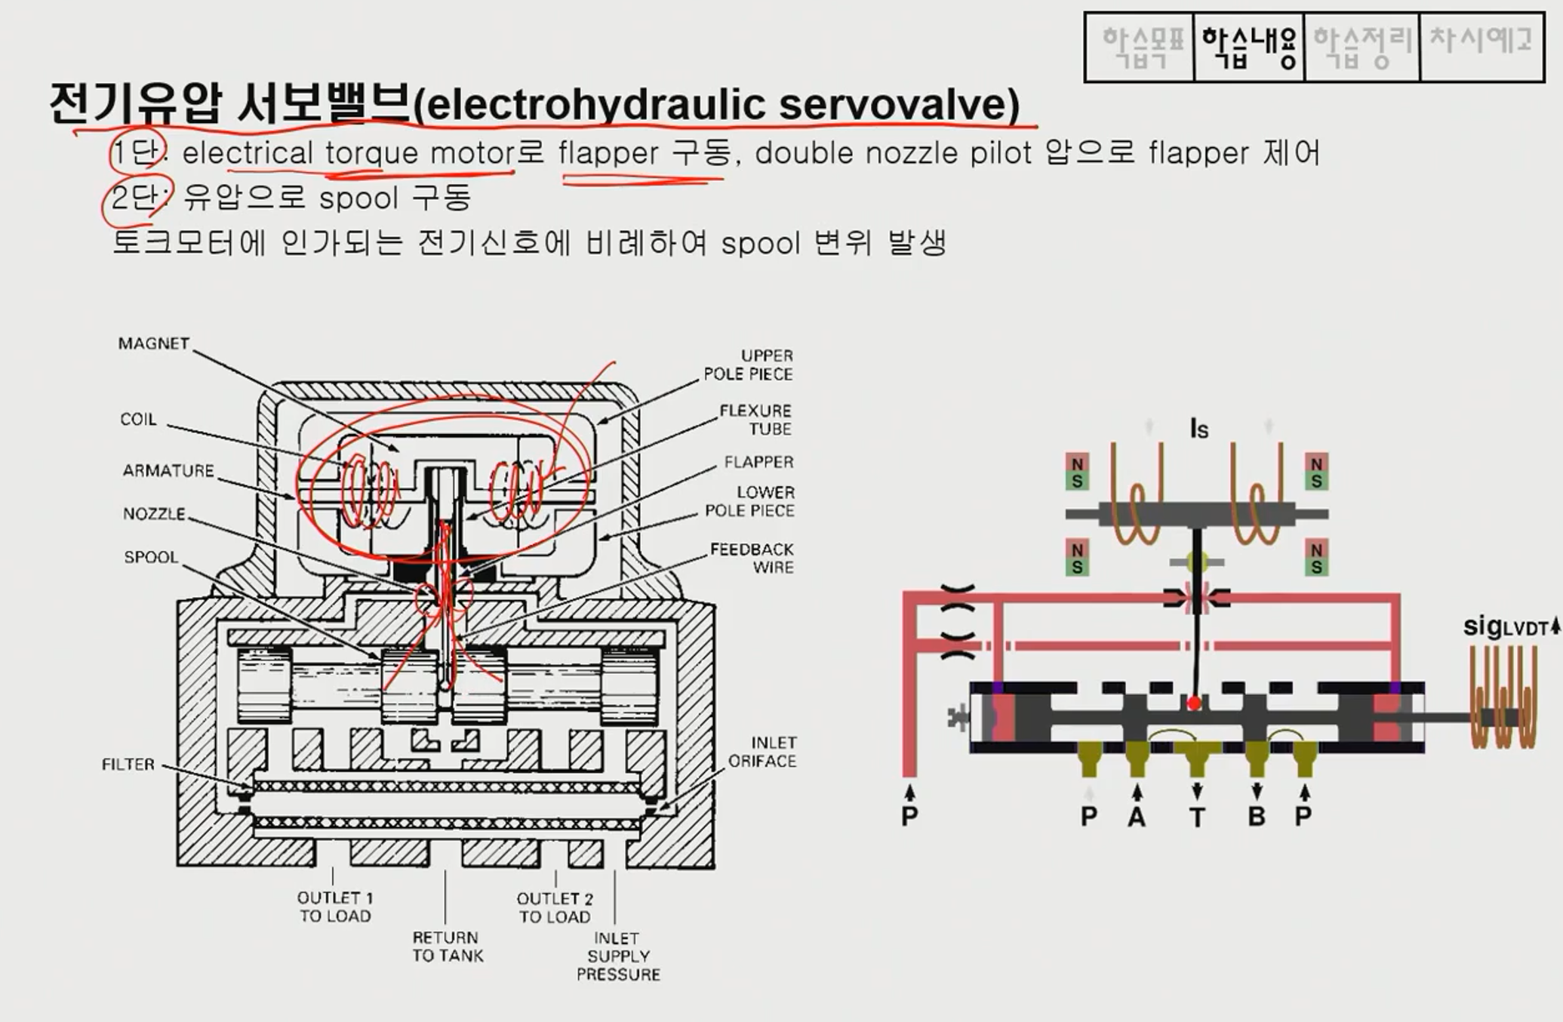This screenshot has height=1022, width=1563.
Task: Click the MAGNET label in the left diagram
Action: [154, 343]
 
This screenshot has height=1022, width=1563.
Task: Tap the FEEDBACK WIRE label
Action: [752, 558]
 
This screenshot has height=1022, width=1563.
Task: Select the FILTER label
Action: [128, 765]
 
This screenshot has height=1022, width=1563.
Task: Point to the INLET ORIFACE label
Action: [762, 752]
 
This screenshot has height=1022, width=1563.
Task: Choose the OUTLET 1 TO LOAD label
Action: [335, 907]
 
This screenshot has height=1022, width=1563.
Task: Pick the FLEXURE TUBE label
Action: [755, 420]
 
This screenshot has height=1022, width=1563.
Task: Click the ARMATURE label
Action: [168, 471]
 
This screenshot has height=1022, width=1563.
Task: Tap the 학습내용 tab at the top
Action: [1249, 47]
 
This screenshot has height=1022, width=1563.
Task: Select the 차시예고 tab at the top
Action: [1481, 42]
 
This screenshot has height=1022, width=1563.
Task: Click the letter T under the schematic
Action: [1197, 817]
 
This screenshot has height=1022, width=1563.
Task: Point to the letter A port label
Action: [1137, 817]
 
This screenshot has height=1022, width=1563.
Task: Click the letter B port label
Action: [1257, 817]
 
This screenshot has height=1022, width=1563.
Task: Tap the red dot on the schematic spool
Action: [1194, 703]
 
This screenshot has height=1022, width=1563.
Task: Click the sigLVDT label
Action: [1506, 626]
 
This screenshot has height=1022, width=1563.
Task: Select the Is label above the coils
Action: [1198, 429]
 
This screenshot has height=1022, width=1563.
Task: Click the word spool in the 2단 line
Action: [358, 199]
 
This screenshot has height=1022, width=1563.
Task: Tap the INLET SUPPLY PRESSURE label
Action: [618, 956]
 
